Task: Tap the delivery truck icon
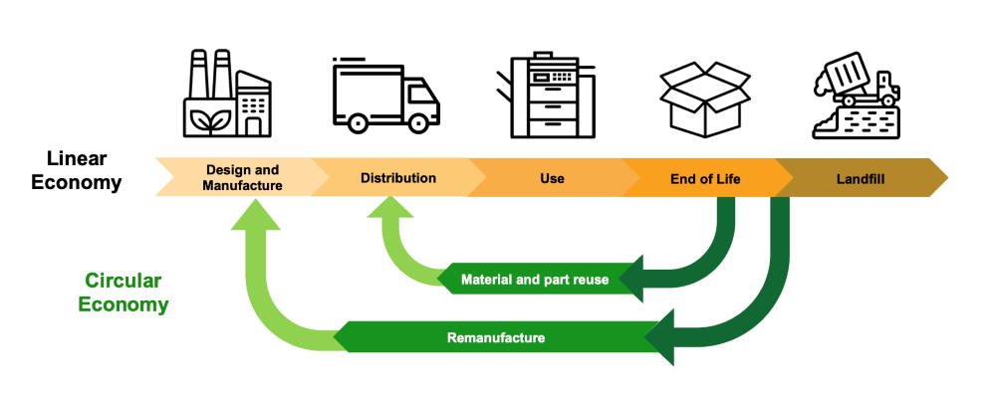coord(385,95)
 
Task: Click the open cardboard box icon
coord(705,98)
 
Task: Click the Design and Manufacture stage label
coord(242,177)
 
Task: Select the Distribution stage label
coord(398,178)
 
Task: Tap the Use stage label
coord(552,178)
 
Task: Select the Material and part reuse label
coord(535,280)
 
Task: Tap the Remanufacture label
coord(495,337)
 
